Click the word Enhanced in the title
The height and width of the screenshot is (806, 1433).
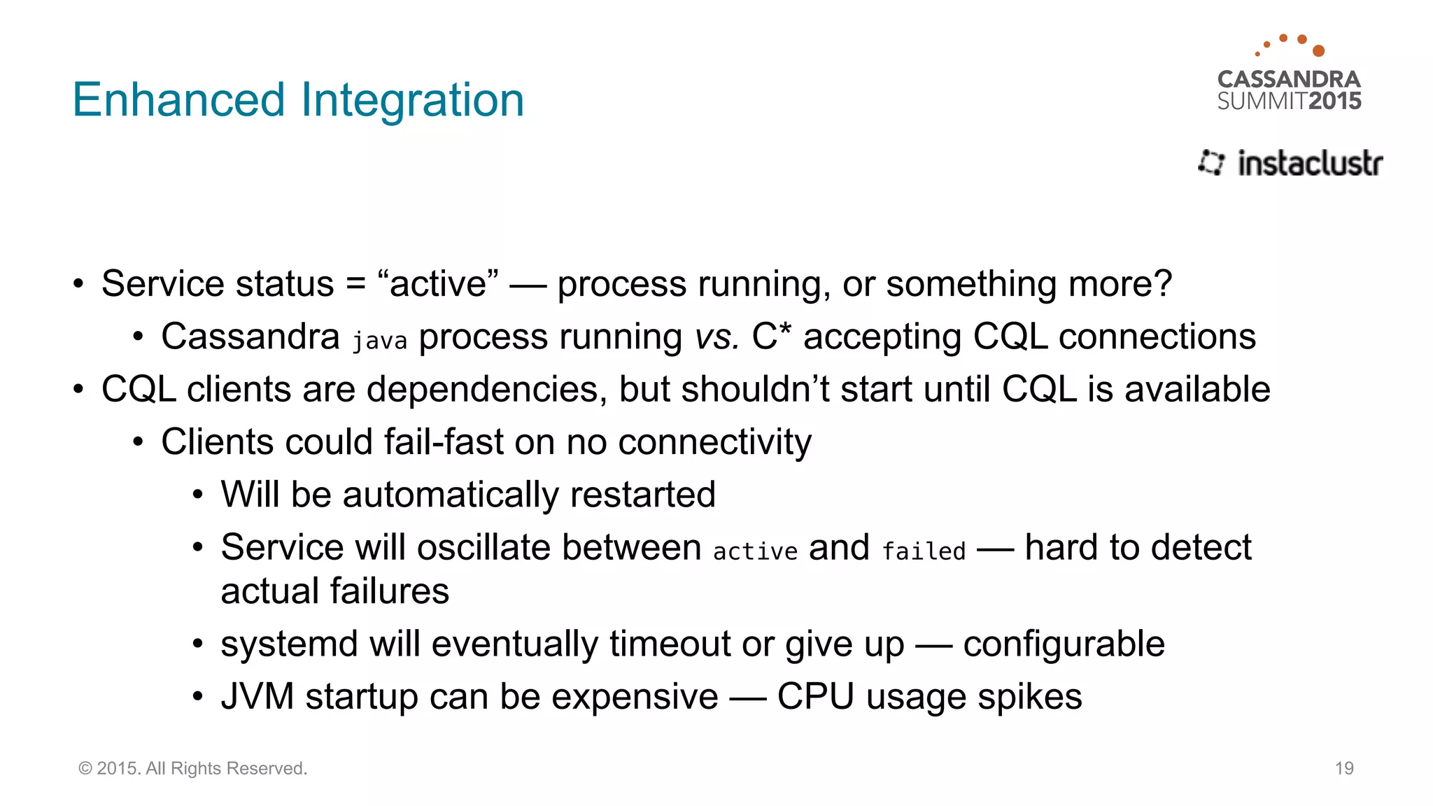(178, 100)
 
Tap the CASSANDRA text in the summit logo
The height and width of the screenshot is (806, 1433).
(1289, 79)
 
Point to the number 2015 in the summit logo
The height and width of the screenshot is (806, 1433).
(1335, 101)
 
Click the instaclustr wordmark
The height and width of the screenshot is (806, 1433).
(1310, 163)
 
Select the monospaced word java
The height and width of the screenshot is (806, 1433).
(379, 341)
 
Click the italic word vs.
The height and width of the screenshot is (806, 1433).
(717, 337)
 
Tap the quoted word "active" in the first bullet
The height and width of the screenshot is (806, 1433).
(438, 284)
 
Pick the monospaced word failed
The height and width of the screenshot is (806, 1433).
(924, 551)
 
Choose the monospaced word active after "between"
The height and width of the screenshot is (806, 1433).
(755, 551)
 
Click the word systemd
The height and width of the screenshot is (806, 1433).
(290, 644)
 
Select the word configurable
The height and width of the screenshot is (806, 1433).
(1064, 644)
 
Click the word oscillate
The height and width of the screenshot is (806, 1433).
(483, 547)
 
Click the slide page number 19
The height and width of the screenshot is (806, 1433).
(1344, 768)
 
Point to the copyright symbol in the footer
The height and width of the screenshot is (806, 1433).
(85, 768)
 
